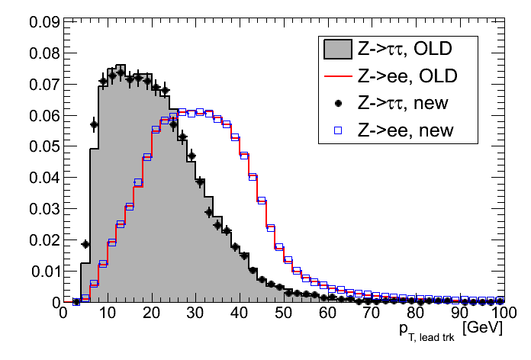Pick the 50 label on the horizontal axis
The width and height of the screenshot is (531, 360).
tap(282, 314)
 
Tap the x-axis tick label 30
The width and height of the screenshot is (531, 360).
tap(195, 314)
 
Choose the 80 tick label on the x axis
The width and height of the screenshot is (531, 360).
tap(414, 314)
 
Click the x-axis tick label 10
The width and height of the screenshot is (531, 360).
tap(108, 314)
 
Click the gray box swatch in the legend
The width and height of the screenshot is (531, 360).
tap(336, 50)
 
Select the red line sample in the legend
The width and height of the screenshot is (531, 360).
tap(336, 77)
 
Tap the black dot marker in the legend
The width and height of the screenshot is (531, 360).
tap(336, 103)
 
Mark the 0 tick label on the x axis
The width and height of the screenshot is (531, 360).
tap(64, 314)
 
